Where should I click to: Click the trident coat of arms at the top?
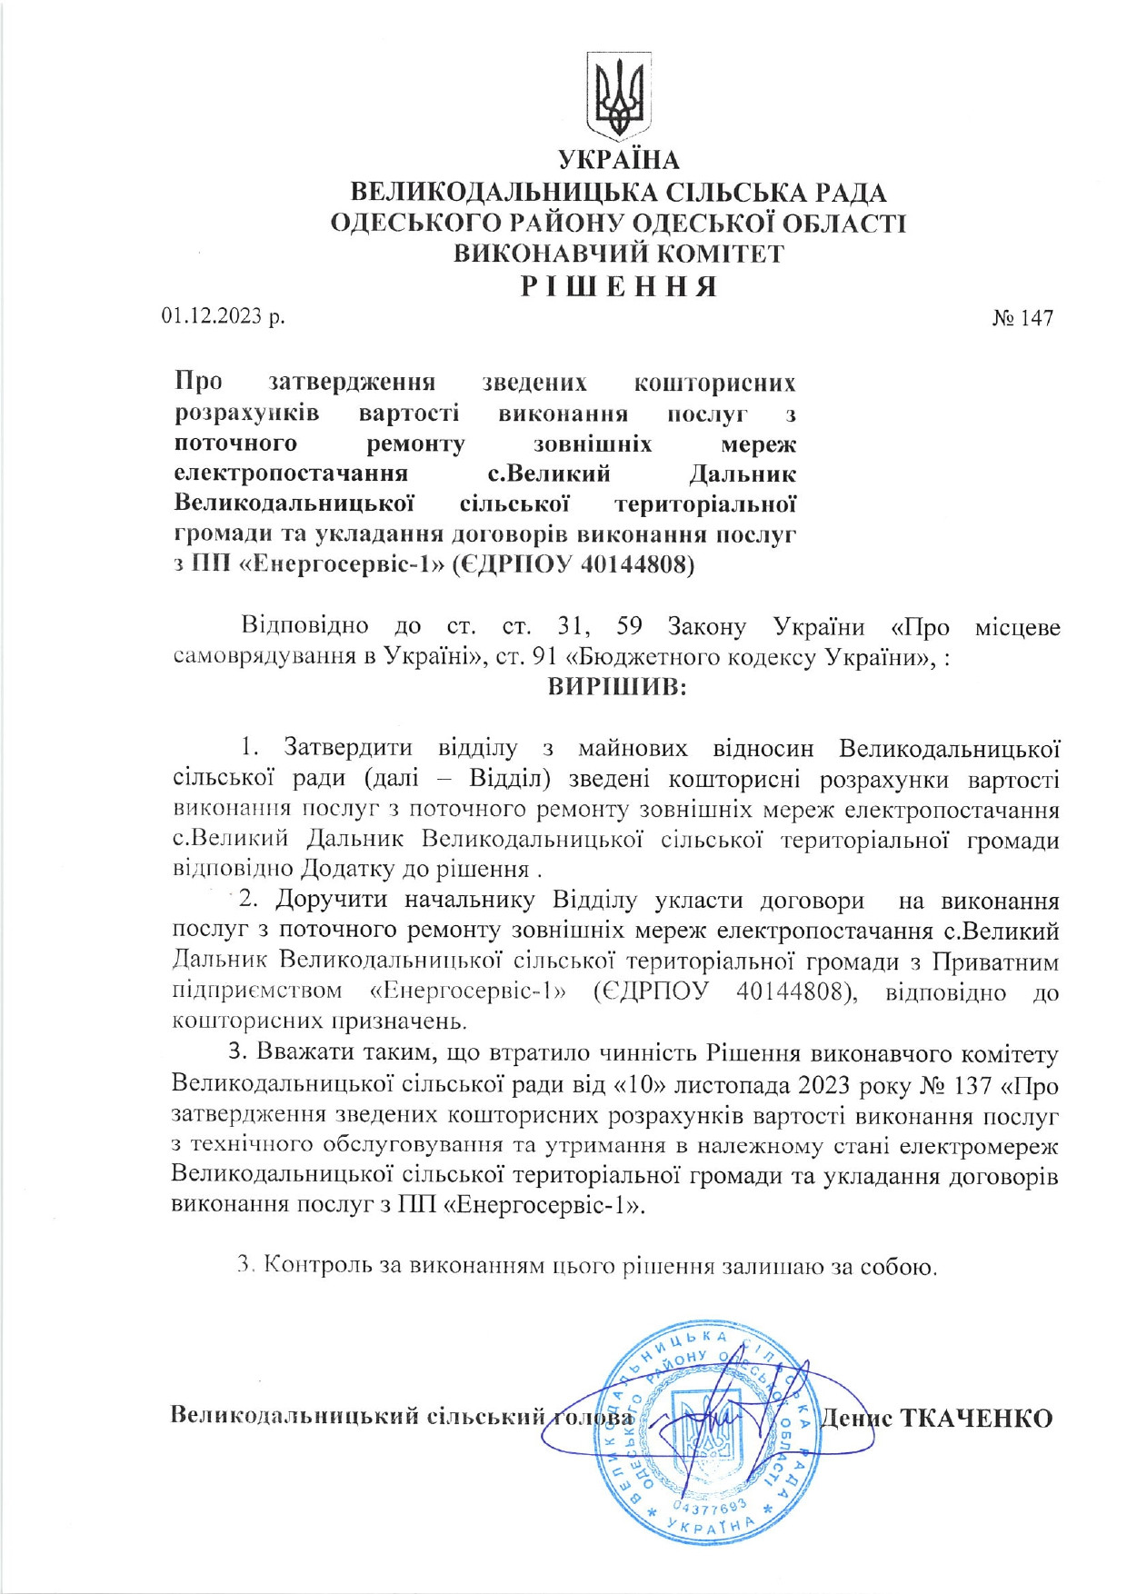point(618,94)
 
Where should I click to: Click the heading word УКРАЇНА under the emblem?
point(618,160)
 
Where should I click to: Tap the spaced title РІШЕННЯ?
point(618,287)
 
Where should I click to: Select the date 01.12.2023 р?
point(223,316)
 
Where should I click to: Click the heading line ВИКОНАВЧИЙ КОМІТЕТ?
point(618,254)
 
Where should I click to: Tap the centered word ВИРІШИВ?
point(618,687)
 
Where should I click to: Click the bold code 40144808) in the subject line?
point(637,565)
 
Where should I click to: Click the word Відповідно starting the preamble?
point(304,626)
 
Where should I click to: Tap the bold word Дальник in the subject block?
point(742,473)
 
